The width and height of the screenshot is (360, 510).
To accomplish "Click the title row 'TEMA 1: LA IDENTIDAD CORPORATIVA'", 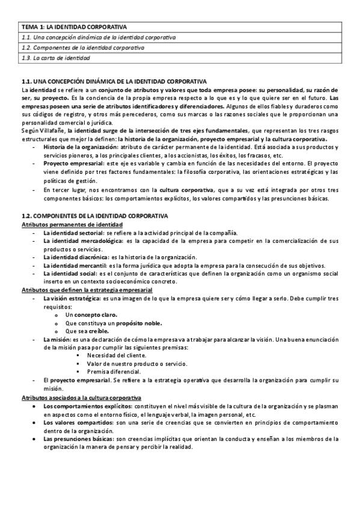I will [x=79, y=27].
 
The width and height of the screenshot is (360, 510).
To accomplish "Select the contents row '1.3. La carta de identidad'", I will [x=56, y=58].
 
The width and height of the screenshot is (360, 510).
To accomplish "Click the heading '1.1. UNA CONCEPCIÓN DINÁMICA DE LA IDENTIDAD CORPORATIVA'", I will [x=114, y=81].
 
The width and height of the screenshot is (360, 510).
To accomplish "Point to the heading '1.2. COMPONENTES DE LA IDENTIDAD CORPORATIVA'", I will [x=95, y=215].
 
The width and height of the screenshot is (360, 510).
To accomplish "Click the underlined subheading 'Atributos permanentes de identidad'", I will [x=72, y=224].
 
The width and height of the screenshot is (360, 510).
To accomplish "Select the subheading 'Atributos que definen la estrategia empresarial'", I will [x=87, y=289].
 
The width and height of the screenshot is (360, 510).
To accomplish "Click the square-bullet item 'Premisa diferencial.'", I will [x=113, y=372].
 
